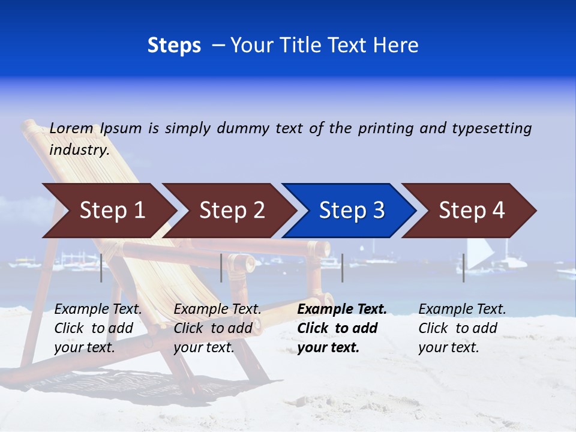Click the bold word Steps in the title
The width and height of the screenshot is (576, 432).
tap(174, 46)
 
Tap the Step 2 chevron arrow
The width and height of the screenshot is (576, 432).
tap(228, 211)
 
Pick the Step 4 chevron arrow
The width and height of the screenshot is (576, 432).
tap(469, 211)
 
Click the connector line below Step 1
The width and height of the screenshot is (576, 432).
tap(101, 268)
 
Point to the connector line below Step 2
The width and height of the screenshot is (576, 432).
tap(221, 268)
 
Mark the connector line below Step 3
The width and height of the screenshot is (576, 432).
tap(343, 268)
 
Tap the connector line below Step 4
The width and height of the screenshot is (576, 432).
tap(464, 268)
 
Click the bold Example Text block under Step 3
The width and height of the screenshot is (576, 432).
tap(342, 328)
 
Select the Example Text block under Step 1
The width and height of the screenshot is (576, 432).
tap(98, 328)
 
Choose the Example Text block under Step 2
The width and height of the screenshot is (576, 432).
tap(217, 328)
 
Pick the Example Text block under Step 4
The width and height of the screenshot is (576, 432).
tap(462, 328)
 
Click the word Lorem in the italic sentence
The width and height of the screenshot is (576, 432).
tap(71, 128)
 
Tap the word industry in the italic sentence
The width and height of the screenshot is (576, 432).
tap(79, 150)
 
